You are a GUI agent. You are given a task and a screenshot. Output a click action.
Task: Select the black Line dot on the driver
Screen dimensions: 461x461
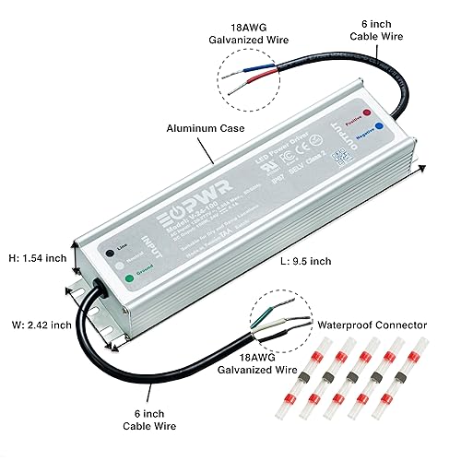(x=110, y=249)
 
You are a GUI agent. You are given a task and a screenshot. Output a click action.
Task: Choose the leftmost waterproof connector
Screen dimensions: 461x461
(x=324, y=377)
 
